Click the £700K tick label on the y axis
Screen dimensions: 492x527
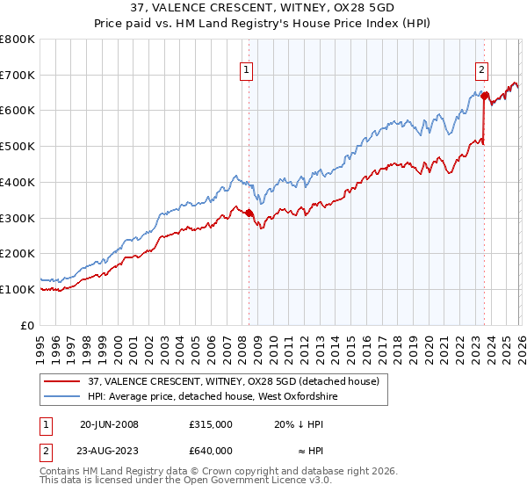tap(18, 76)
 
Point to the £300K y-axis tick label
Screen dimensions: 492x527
tap(18, 218)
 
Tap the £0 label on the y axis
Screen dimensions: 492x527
tap(28, 325)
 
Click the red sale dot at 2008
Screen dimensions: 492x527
tap(249, 213)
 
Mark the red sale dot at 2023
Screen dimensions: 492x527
tap(484, 96)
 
